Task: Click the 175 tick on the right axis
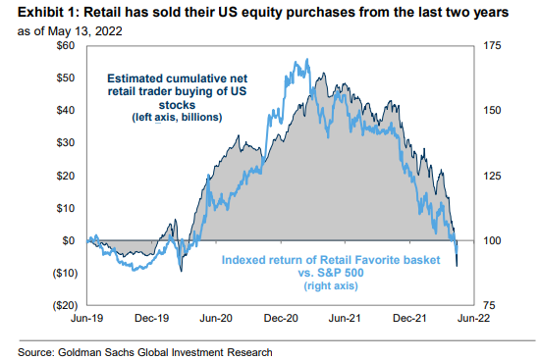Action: (492, 46)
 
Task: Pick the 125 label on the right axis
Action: (492, 176)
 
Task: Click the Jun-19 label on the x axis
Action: (88, 318)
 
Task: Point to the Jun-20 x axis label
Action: (216, 318)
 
